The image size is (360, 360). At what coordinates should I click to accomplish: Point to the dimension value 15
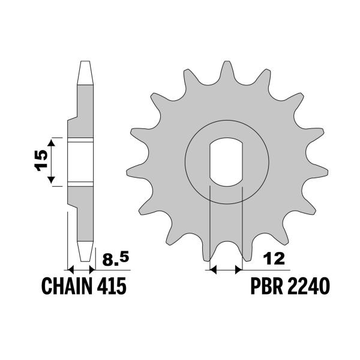[41, 160]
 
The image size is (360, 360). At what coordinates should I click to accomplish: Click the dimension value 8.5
[115, 259]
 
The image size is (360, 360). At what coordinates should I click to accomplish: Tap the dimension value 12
[274, 259]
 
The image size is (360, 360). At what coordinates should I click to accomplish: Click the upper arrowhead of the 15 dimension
[51, 143]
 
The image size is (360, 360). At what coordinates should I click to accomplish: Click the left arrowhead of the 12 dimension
[214, 270]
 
